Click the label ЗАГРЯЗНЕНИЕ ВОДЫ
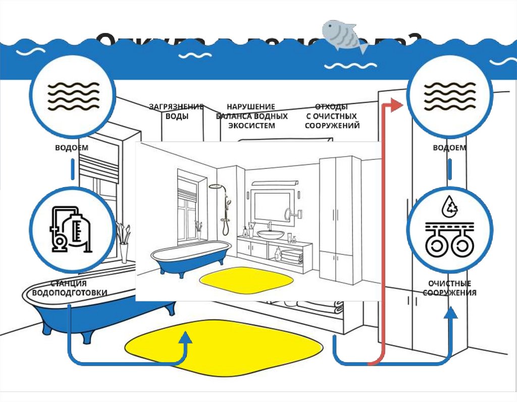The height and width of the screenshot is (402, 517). point(176,111)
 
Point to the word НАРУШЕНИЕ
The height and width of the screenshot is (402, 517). point(251,107)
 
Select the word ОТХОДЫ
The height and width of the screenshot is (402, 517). point(331,107)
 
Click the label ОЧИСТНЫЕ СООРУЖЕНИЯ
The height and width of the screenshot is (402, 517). point(449,288)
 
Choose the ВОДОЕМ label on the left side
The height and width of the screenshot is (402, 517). point(72,148)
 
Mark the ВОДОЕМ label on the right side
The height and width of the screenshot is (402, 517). point(449,148)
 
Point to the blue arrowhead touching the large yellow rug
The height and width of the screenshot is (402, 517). point(186,337)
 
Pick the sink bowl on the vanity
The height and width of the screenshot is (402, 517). point(271,234)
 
